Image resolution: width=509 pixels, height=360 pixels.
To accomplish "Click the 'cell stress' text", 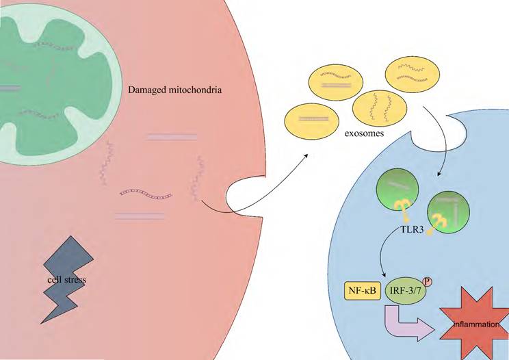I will (66, 280).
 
